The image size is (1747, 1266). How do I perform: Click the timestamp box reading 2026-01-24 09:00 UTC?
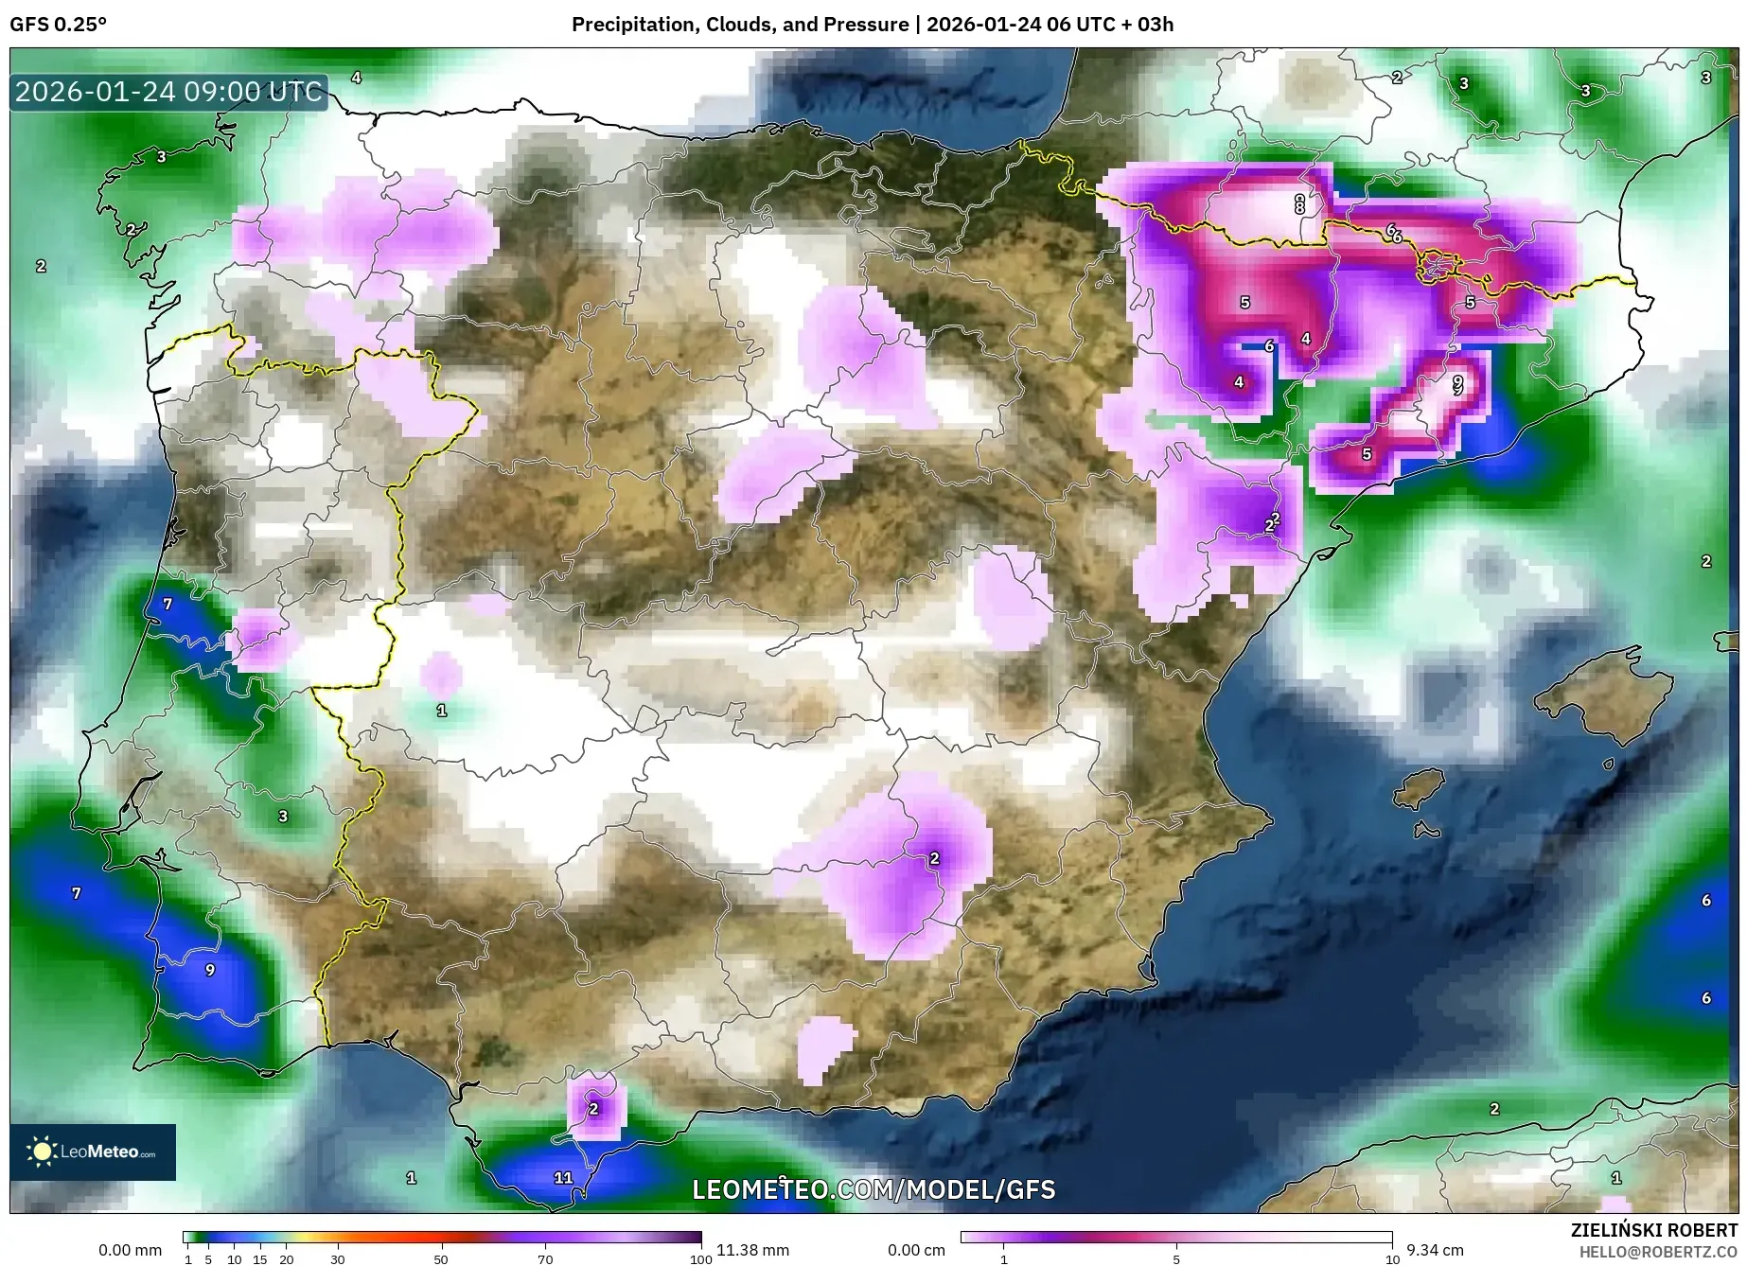pyautogui.click(x=168, y=92)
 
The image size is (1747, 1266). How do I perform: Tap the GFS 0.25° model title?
pyautogui.click(x=58, y=25)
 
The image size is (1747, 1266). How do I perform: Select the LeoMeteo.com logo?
pyautogui.click(x=93, y=1152)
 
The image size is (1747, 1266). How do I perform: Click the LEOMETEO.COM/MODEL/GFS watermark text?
pyautogui.click(x=873, y=1189)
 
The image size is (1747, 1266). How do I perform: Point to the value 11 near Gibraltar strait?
pyautogui.click(x=563, y=1177)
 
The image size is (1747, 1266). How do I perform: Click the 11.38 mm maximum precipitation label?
pyautogui.click(x=752, y=1250)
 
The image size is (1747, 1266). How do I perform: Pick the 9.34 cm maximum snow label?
pyautogui.click(x=1435, y=1250)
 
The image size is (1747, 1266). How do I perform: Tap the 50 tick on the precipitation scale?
pyautogui.click(x=441, y=1259)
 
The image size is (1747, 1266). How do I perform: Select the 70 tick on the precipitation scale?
pyautogui.click(x=545, y=1259)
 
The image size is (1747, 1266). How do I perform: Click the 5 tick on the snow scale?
pyautogui.click(x=1176, y=1259)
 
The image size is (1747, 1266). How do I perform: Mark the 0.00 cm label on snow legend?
pyautogui.click(x=916, y=1250)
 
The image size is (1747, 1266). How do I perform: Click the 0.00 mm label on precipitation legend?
pyautogui.click(x=130, y=1250)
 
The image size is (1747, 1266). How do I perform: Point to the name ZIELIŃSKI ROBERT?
pyautogui.click(x=1653, y=1230)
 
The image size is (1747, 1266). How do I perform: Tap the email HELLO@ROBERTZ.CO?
pyautogui.click(x=1657, y=1252)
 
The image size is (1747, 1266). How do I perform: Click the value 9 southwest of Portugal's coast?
pyautogui.click(x=210, y=969)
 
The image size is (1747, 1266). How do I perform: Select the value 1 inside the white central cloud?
pyautogui.click(x=442, y=710)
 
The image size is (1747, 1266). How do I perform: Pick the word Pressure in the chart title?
pyautogui.click(x=868, y=25)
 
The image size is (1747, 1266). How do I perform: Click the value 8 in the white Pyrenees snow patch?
pyautogui.click(x=1299, y=202)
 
